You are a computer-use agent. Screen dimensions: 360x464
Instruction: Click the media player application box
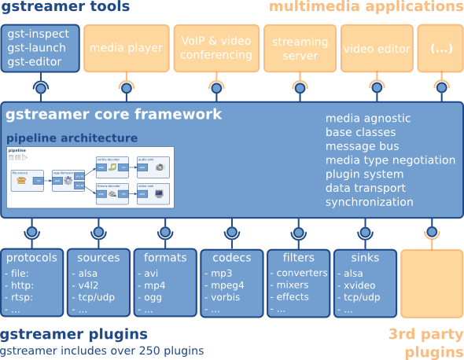click(x=126, y=48)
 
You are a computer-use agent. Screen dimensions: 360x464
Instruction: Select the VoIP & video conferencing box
click(x=215, y=48)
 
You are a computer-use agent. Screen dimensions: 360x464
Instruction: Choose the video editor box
click(x=377, y=48)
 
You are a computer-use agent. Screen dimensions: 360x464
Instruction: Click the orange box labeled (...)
click(x=440, y=48)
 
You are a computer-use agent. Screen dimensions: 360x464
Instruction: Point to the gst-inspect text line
click(x=39, y=35)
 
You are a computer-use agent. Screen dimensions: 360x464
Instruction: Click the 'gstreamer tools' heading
click(x=65, y=8)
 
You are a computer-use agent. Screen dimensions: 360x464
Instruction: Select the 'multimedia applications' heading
click(x=366, y=8)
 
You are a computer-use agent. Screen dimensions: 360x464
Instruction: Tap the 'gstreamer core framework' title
click(x=114, y=115)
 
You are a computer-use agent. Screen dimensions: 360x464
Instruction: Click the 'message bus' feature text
click(x=362, y=146)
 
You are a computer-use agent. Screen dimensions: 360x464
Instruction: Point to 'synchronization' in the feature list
click(x=369, y=202)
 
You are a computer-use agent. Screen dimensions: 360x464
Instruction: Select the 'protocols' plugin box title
click(x=31, y=258)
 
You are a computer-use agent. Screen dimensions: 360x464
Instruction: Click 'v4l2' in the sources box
click(x=87, y=285)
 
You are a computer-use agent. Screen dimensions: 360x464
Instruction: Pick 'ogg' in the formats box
click(x=153, y=298)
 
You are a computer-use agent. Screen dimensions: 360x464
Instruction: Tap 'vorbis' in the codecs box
click(x=223, y=298)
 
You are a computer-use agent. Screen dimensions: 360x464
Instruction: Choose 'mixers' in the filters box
click(x=293, y=285)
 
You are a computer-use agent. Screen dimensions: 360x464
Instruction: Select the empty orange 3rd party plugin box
click(x=432, y=283)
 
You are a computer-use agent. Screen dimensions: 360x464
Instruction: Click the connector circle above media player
click(x=126, y=87)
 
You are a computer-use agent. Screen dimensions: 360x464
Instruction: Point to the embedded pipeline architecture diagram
click(x=90, y=177)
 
